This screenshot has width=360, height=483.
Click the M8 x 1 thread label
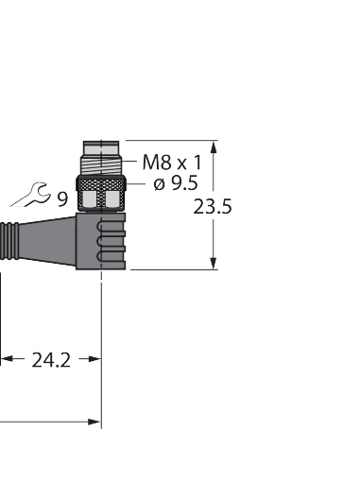[171, 162]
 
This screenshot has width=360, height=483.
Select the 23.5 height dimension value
[213, 207]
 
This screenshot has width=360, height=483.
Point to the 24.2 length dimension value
[51, 359]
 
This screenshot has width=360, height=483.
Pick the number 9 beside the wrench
[61, 198]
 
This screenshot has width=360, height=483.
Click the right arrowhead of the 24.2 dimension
[94, 359]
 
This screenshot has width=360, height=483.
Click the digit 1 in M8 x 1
[197, 162]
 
